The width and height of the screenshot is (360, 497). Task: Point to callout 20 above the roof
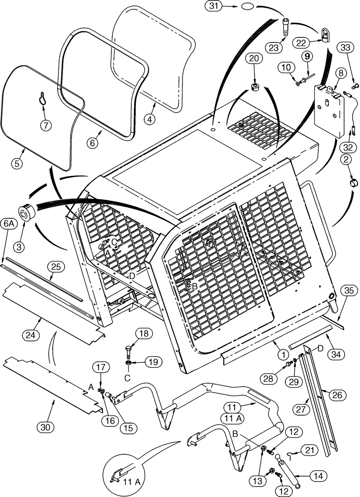pos(254,59)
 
